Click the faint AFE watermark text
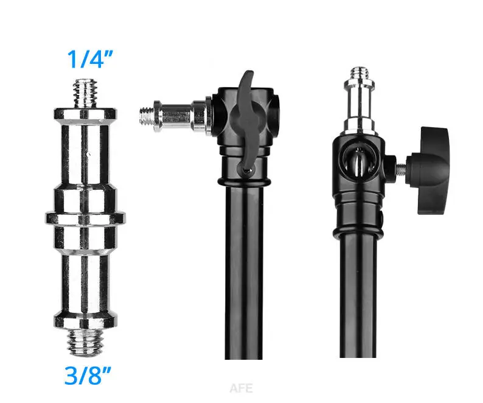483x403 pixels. click(x=241, y=388)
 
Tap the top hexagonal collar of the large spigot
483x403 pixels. click(x=85, y=113)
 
